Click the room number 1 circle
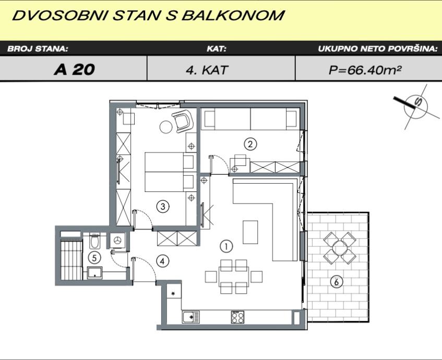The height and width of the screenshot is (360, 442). [226, 246]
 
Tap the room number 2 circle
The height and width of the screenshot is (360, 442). [250, 144]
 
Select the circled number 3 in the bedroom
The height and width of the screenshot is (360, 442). [163, 207]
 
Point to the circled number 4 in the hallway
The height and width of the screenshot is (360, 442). [162, 261]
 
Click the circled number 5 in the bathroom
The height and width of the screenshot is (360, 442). [94, 257]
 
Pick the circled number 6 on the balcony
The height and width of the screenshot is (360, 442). [336, 282]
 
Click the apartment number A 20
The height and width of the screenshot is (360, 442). [75, 69]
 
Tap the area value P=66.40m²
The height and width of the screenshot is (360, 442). [365, 69]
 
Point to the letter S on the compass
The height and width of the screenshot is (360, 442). [418, 102]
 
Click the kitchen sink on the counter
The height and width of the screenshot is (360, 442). [191, 317]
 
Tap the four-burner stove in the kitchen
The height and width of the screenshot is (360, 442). [237, 317]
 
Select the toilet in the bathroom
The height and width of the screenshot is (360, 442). [94, 240]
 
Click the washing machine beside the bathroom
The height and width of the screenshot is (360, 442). [117, 241]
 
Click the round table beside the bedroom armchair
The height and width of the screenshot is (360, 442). [166, 127]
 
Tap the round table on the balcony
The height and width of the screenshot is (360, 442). [340, 248]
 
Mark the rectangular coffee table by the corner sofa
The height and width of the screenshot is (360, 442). [250, 232]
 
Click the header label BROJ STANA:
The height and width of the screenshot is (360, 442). [38, 49]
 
